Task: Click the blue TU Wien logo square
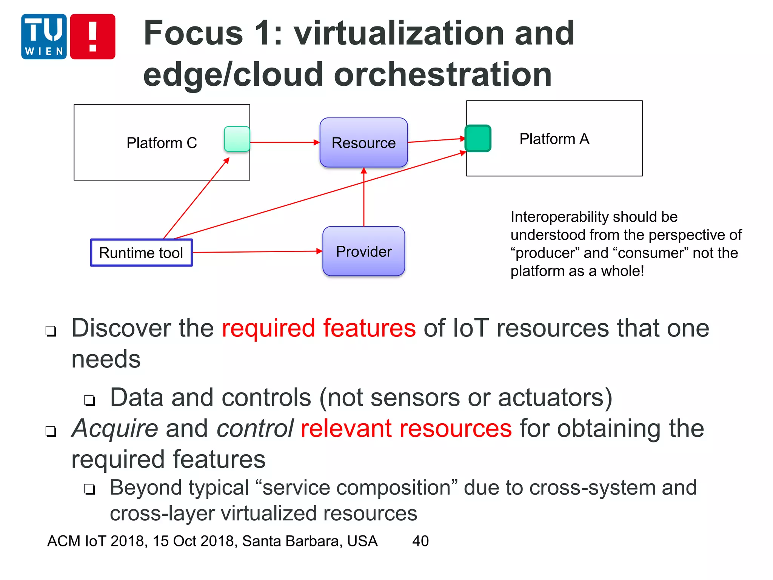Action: click(x=44, y=37)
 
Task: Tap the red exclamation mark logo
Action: click(x=92, y=37)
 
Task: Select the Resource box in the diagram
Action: click(x=363, y=143)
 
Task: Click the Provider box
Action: click(x=363, y=251)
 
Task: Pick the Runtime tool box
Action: click(x=141, y=253)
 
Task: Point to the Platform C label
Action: click(x=162, y=143)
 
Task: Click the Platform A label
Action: click(x=554, y=139)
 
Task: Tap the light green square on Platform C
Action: click(x=237, y=139)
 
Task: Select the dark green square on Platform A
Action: click(x=478, y=139)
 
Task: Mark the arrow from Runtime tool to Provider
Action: click(x=257, y=252)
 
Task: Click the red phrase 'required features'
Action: click(x=319, y=328)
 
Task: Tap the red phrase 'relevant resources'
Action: click(x=406, y=429)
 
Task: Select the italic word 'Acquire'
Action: click(x=115, y=429)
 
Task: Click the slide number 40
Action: click(x=420, y=541)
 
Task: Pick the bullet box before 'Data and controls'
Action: click(x=89, y=400)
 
